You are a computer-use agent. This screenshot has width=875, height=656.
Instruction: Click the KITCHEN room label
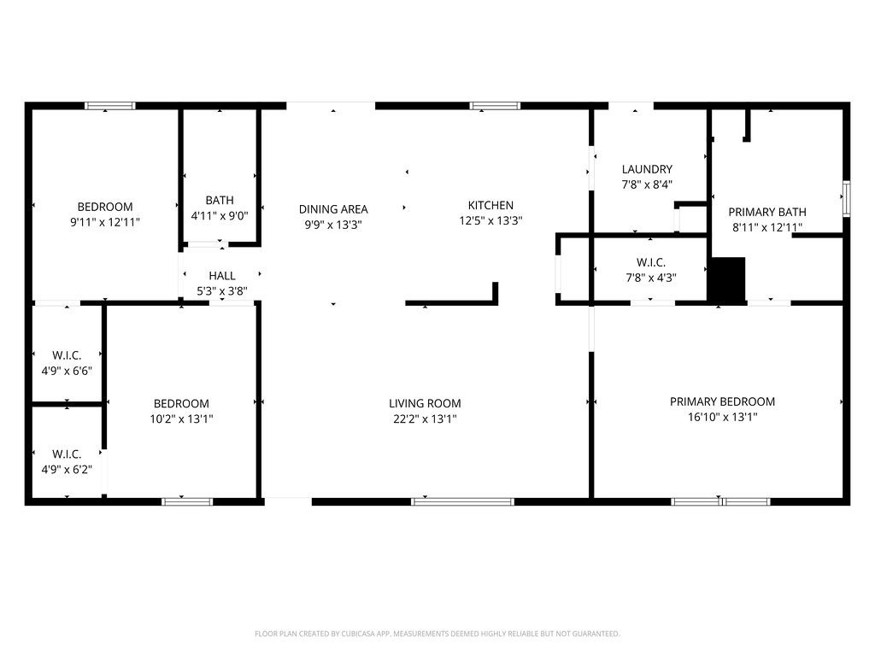point(490,205)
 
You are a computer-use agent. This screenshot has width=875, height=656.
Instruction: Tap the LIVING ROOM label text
point(425,403)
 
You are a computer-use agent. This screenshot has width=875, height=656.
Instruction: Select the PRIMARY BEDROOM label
point(722,401)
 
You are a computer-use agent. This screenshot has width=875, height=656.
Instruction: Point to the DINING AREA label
point(333,209)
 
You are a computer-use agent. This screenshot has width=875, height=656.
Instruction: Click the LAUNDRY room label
point(647,169)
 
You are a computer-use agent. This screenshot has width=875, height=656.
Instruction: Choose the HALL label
point(221,276)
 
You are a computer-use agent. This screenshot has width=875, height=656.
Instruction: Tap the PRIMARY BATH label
point(766,212)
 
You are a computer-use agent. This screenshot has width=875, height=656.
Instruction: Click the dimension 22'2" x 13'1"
point(425,419)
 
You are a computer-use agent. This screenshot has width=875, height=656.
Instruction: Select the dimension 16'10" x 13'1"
point(722,417)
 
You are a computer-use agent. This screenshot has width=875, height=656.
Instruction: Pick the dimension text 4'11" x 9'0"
point(220,215)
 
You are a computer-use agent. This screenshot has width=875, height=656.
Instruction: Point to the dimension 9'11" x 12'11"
point(105,221)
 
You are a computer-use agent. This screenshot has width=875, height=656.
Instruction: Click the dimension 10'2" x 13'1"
point(181,419)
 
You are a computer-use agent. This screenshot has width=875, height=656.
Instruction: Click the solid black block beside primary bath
point(727,279)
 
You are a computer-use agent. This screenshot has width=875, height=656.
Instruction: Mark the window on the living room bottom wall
point(462,501)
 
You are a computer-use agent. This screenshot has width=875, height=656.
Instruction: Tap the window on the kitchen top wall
point(495,106)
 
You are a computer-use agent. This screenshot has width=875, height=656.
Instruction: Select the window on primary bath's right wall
point(846,198)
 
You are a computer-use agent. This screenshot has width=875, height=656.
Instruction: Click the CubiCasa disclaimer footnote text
point(437,634)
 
